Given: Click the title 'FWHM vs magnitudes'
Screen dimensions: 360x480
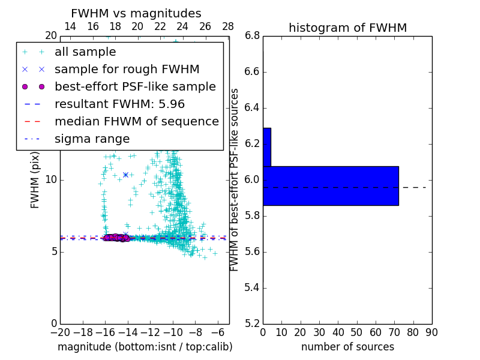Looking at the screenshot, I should (x=136, y=14).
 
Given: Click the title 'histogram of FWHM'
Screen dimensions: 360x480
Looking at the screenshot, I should (x=347, y=28).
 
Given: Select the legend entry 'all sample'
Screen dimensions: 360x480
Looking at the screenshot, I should (x=85, y=52).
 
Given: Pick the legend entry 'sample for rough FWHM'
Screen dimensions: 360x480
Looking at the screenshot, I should (x=127, y=69).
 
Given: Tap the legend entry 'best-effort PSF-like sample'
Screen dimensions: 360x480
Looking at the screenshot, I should (x=135, y=86).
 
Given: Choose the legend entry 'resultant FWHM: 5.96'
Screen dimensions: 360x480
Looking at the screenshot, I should (x=119, y=104).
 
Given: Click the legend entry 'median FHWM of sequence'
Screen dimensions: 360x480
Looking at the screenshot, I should (x=136, y=121).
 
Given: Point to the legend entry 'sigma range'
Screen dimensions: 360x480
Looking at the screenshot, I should (x=92, y=139).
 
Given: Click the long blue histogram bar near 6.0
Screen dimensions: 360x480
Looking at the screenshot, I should (x=331, y=185).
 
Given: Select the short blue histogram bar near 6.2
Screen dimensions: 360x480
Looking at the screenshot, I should (x=267, y=147).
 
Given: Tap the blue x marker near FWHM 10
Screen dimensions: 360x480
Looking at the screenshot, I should (x=125, y=175).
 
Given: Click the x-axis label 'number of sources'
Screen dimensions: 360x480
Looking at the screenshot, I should (x=347, y=347).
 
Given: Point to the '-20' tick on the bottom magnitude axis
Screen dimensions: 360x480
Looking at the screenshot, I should (x=60, y=332).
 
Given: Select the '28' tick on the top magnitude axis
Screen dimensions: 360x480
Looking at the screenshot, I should (x=228, y=26).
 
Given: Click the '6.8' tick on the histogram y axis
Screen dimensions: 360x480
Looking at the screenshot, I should (x=252, y=36).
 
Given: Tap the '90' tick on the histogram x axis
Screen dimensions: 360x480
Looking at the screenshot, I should (x=431, y=332).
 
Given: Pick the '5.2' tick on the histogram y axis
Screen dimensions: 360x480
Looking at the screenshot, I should (x=252, y=323).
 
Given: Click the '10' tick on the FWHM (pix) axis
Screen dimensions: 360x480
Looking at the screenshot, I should (x=50, y=179).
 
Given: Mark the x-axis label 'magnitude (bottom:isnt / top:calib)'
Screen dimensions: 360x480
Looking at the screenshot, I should (x=145, y=347).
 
